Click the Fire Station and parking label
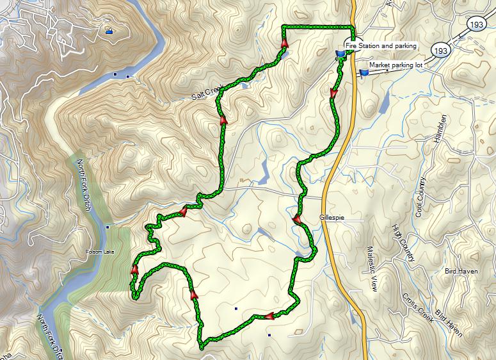click(x=381, y=46)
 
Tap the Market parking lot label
click(x=395, y=65)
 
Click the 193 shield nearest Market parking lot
click(x=439, y=49)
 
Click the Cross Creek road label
click(x=418, y=307)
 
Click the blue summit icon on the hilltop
click(x=109, y=30)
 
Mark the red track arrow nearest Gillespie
click(x=297, y=220)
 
